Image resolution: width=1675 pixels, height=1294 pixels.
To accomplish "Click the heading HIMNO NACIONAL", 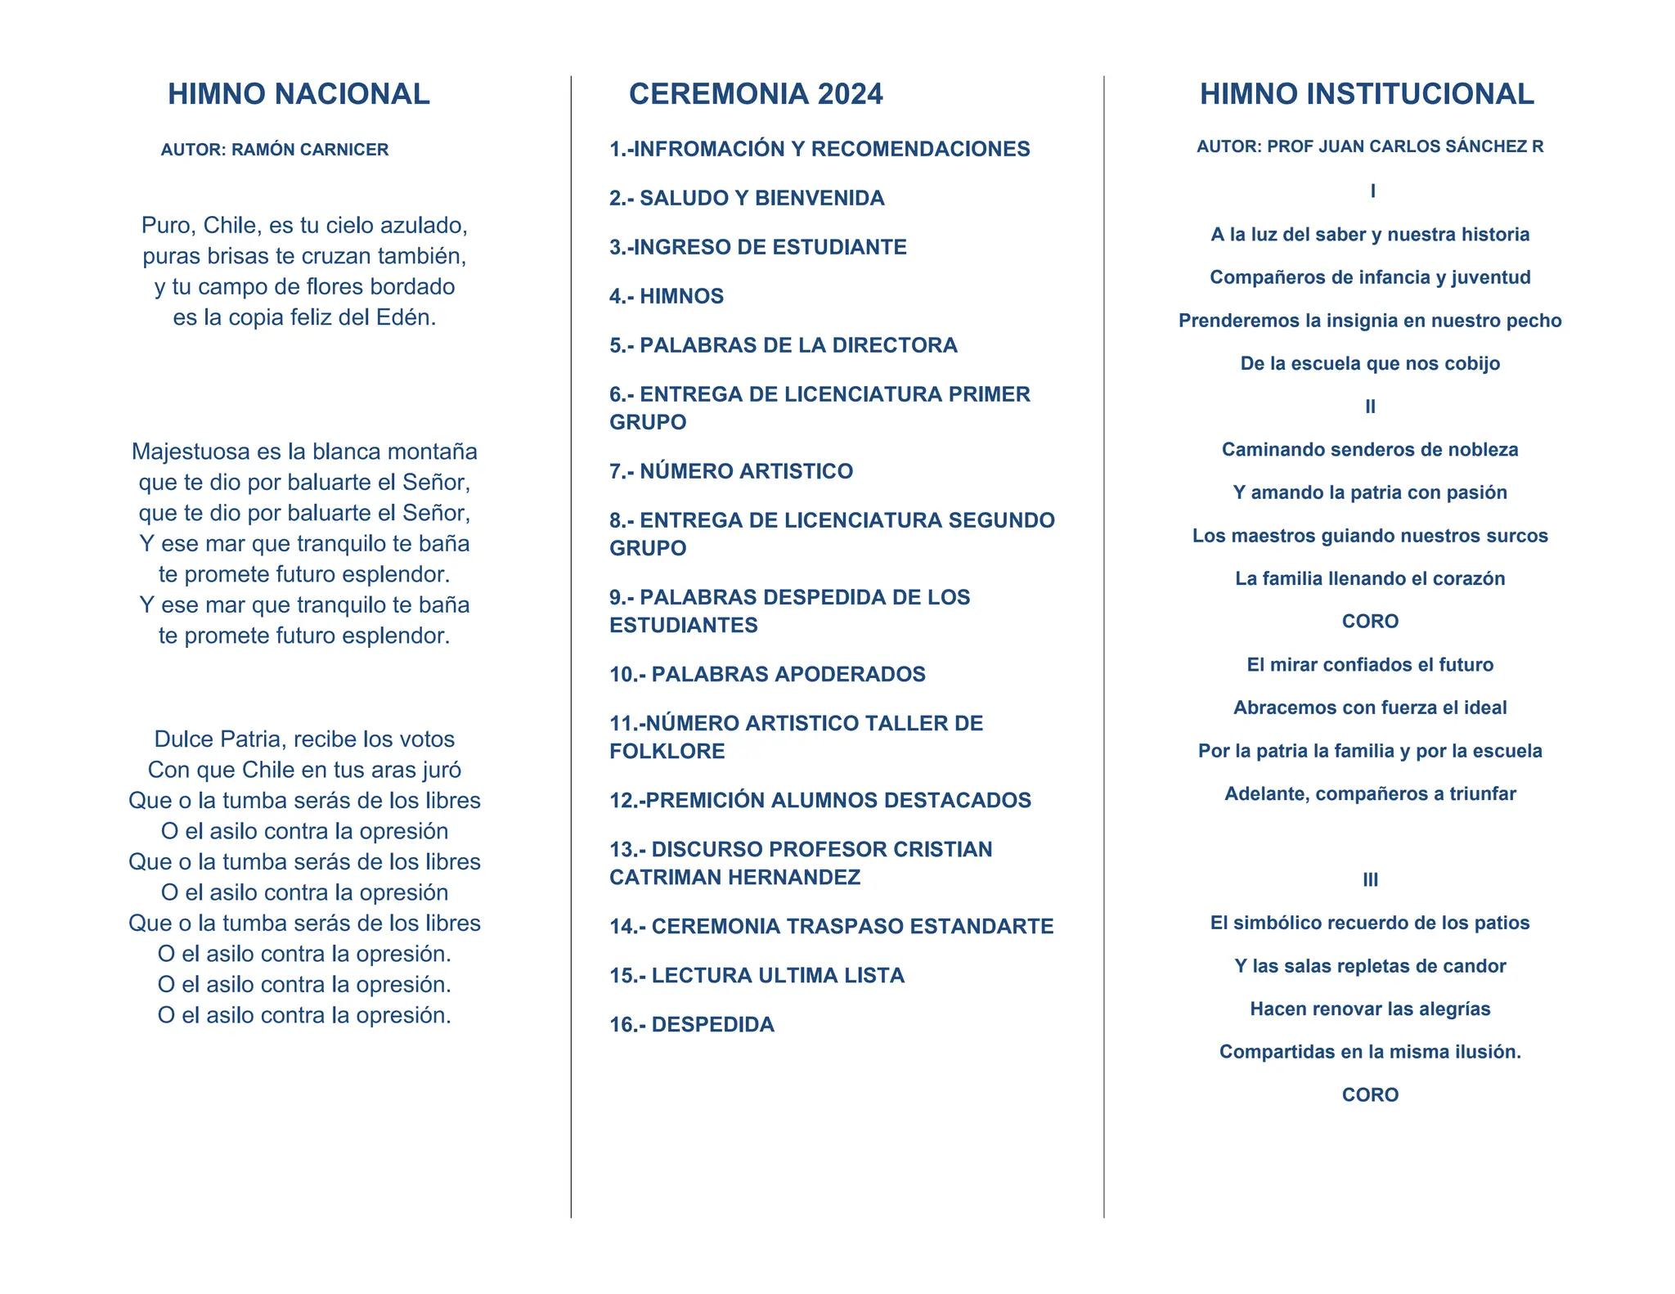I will click(299, 94).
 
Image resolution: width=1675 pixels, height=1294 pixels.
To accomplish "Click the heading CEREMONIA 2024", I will click(755, 94).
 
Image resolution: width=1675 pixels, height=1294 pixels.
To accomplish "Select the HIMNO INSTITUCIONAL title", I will click(1367, 94).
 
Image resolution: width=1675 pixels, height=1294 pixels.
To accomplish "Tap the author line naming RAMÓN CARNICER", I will click(275, 150).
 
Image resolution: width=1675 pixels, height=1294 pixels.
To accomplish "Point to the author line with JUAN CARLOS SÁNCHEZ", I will click(1370, 146).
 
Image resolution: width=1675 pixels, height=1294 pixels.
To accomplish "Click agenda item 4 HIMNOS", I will click(666, 296).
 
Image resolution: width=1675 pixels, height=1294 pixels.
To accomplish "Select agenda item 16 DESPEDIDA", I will click(691, 1024).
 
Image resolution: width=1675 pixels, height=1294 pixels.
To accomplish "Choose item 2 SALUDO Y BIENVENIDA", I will click(746, 198).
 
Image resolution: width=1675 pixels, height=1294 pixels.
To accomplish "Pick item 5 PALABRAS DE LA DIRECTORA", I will click(783, 345).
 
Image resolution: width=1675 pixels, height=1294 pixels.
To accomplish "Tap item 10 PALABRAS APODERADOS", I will click(767, 674).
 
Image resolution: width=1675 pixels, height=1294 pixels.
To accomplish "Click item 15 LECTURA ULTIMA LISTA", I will click(757, 975).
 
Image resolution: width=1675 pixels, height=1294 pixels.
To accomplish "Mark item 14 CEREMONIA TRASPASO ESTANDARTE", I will click(831, 926).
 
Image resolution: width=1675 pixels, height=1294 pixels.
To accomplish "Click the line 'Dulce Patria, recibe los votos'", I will click(304, 739).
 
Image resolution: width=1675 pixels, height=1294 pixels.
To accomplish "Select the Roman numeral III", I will click(1370, 880).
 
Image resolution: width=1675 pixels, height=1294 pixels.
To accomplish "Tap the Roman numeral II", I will click(1370, 407).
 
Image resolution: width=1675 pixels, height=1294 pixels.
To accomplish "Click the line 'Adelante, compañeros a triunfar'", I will click(1370, 793).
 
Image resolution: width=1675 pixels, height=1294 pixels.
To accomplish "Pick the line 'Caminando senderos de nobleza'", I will click(1370, 449).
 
